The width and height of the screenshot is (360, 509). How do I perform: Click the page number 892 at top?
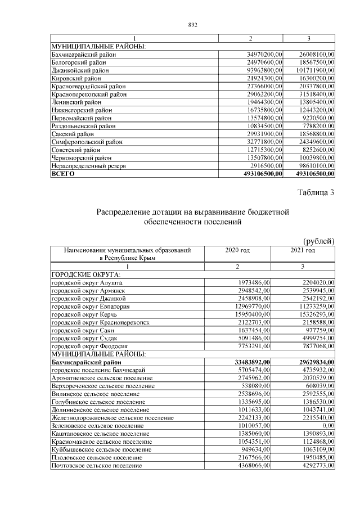point(192,25)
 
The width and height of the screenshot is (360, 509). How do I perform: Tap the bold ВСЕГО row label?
point(62,174)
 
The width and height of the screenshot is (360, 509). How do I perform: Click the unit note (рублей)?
point(318,241)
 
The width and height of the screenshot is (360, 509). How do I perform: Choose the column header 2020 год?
point(237,250)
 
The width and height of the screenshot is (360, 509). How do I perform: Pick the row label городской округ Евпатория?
point(91,307)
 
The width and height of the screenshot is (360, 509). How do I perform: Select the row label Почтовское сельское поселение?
point(96,466)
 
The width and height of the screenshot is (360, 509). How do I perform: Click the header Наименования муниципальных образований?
point(127,250)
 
